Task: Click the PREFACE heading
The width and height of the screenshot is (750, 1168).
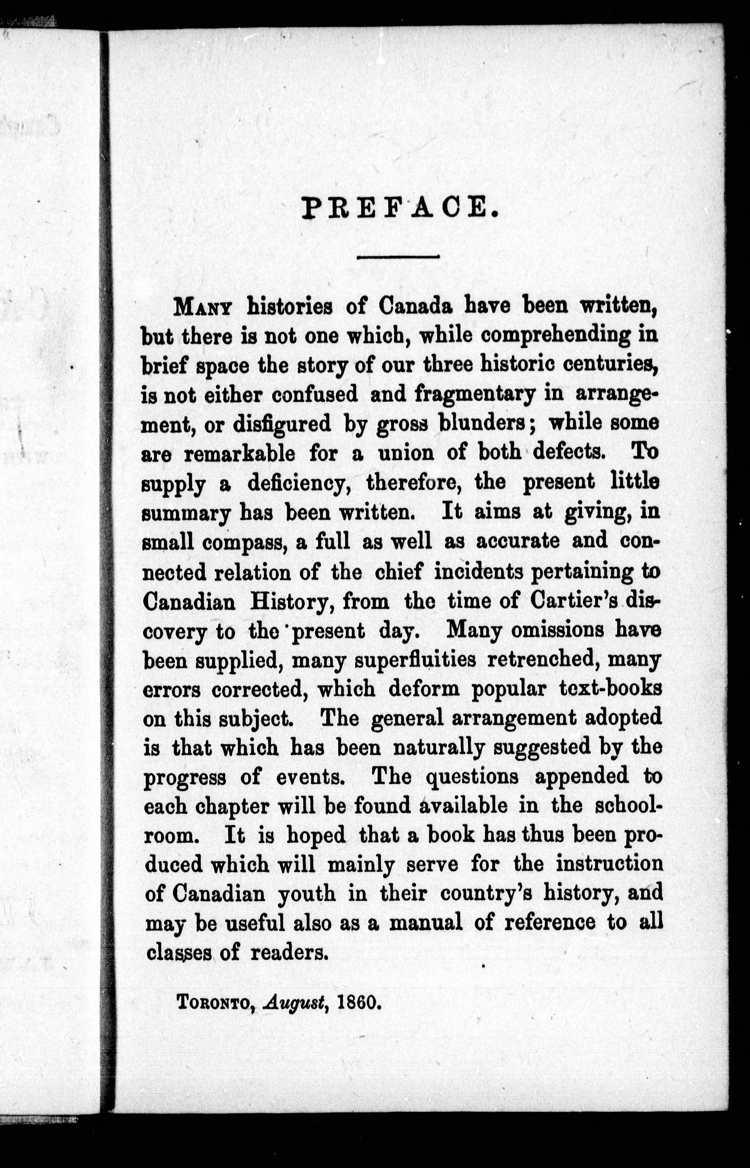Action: click(398, 208)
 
